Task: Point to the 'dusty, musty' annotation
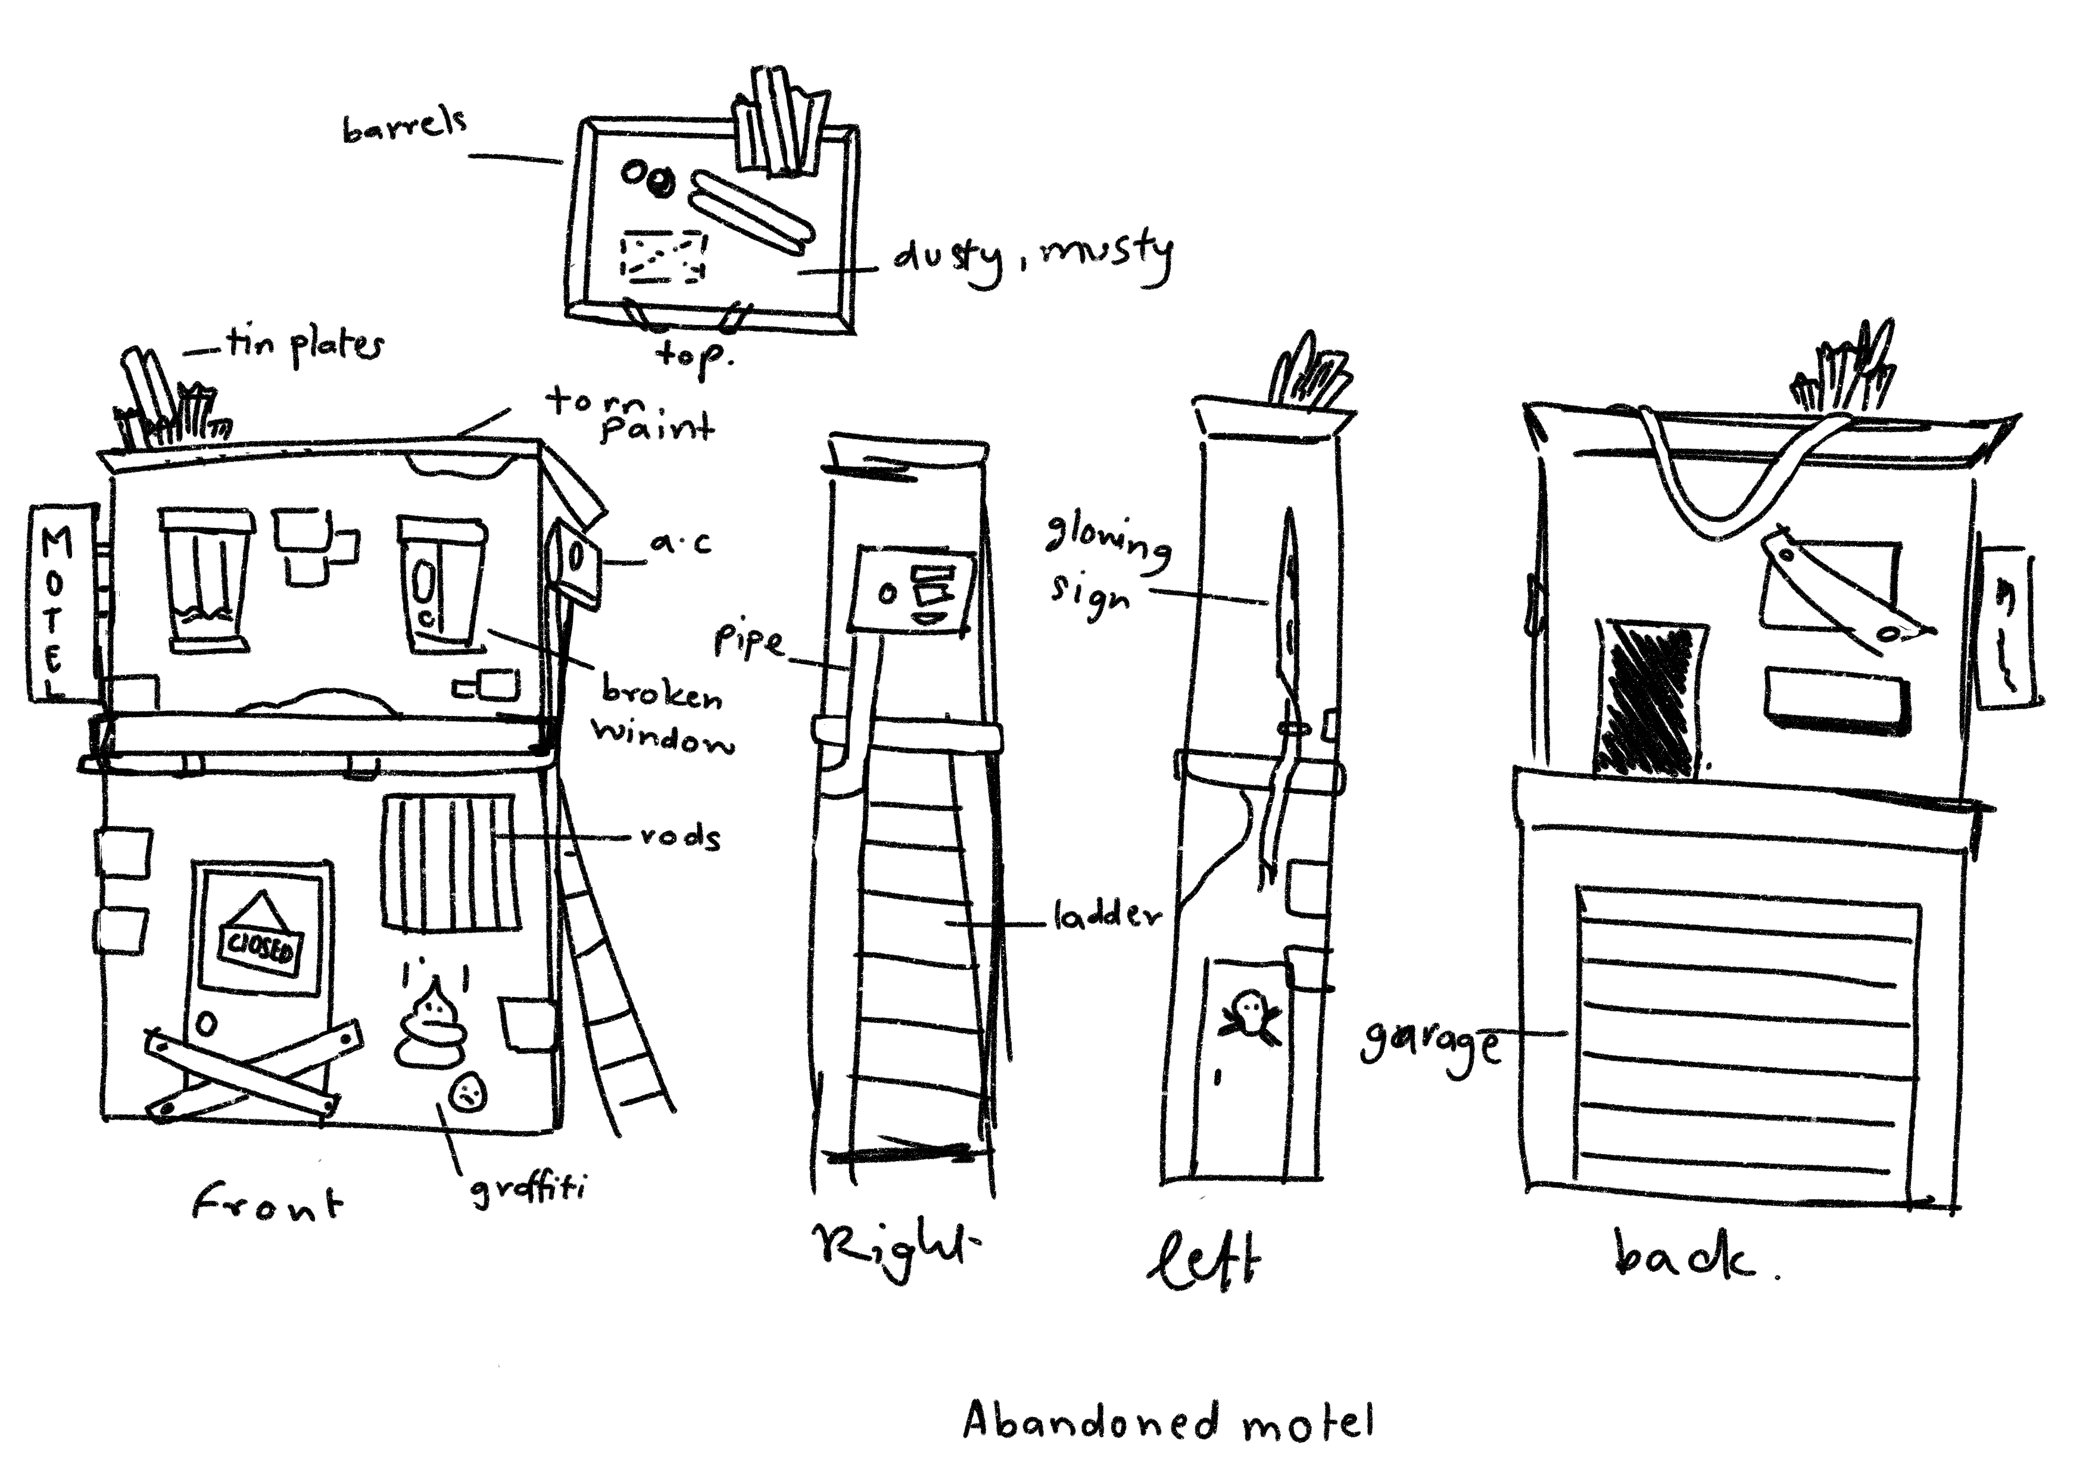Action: (1033, 257)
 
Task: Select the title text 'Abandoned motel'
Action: (1168, 1419)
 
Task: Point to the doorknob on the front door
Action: (207, 1025)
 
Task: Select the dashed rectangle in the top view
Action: (662, 255)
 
